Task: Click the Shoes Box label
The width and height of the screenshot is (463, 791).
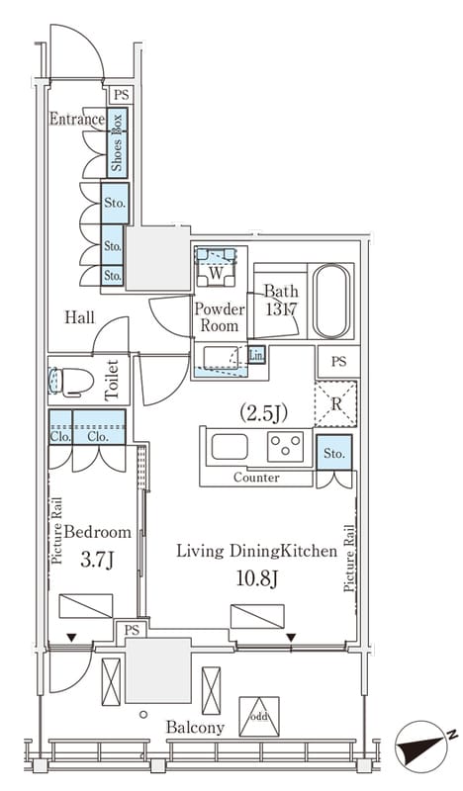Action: pos(117,142)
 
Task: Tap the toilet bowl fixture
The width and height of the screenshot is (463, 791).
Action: pos(71,381)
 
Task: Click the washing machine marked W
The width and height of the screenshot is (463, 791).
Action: pos(216,267)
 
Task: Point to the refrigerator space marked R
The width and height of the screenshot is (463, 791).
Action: pos(335,404)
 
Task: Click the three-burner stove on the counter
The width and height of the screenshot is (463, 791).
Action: pos(285,446)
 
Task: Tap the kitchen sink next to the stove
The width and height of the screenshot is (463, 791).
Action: pos(230,447)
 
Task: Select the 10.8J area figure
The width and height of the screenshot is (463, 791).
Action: pos(257,579)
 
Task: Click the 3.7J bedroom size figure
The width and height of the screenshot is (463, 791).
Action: pos(97,560)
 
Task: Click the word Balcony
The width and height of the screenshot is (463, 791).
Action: pos(196,728)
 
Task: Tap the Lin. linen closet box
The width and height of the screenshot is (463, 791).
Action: pos(256,355)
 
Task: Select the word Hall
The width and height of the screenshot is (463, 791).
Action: pos(79,317)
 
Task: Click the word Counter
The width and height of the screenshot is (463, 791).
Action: pos(256,478)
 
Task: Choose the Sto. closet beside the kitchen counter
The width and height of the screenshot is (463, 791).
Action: pos(333,453)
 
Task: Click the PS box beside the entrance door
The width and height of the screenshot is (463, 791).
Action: pos(121,94)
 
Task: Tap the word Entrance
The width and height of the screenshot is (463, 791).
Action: pos(77,119)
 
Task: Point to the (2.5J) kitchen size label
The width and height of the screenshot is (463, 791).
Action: pos(263,413)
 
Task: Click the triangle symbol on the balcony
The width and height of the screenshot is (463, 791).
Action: pos(259,716)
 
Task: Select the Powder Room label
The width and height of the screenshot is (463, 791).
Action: pos(219,316)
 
